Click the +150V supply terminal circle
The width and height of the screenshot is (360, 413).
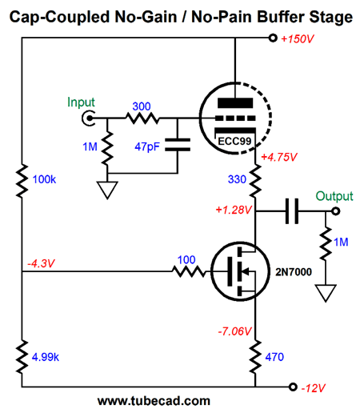click(273, 38)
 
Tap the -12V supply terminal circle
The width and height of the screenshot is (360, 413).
click(293, 387)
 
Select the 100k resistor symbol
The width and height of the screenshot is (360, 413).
click(22, 181)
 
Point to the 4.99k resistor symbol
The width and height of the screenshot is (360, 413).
click(22, 356)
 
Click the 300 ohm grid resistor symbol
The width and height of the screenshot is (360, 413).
click(142, 118)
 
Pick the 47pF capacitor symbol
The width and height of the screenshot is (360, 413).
click(178, 145)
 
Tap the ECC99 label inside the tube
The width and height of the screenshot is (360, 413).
click(234, 141)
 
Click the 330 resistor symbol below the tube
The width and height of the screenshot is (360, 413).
click(255, 181)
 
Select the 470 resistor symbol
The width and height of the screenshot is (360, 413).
click(255, 356)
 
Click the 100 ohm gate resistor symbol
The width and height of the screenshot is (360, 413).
click(189, 271)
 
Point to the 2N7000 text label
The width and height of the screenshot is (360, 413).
click(294, 272)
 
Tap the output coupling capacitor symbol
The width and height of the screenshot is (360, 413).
click(292, 211)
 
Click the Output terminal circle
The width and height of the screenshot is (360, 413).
click(335, 211)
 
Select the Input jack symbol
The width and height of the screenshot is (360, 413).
click(88, 118)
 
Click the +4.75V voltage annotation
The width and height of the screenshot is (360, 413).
click(279, 157)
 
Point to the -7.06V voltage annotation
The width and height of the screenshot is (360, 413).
click(234, 331)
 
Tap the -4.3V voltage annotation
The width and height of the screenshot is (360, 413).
click(41, 263)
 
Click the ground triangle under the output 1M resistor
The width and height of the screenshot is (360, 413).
click(326, 293)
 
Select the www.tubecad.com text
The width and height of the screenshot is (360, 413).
click(154, 401)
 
